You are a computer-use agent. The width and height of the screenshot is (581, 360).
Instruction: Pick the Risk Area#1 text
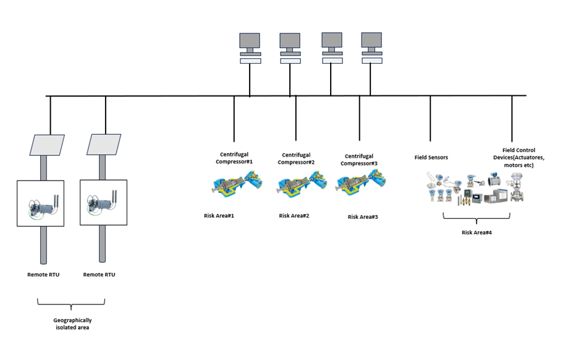coord(219,216)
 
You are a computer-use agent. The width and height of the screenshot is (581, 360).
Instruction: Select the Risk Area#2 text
coord(294,216)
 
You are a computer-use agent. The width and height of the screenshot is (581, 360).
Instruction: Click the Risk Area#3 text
coord(363,217)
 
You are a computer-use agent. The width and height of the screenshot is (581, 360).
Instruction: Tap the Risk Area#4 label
coord(477,233)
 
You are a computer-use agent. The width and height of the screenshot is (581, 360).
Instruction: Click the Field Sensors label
coord(431,158)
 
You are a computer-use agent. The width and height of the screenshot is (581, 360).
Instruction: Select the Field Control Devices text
coord(519,158)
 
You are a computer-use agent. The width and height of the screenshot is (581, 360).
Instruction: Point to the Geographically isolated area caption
coord(72,324)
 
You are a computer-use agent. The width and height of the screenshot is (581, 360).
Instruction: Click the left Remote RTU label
coord(43,274)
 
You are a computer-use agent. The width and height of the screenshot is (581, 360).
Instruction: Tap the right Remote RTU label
coord(99,274)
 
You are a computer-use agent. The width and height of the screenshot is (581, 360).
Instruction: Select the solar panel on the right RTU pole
coord(103,145)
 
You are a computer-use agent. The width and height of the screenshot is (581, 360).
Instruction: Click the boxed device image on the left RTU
coord(40,203)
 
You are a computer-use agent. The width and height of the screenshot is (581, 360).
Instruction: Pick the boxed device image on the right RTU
coord(103,203)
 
